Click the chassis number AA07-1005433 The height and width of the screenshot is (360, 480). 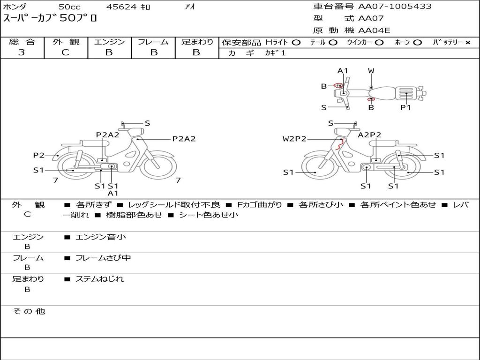click(395, 7)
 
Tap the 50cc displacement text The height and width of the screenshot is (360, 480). click(69, 7)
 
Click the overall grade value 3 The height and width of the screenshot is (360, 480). click(22, 52)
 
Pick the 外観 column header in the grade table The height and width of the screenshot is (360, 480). click(66, 42)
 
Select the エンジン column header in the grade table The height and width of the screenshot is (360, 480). click(109, 42)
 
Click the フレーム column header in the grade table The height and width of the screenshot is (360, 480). click(153, 42)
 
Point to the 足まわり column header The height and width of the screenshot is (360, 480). click(197, 42)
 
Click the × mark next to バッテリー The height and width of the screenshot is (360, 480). click(467, 43)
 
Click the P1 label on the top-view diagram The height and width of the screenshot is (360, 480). click(405, 107)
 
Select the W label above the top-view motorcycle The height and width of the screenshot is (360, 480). click(371, 71)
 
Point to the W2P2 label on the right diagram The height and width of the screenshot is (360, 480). click(294, 139)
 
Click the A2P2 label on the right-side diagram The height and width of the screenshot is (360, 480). click(369, 135)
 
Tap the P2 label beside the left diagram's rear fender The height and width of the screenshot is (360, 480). click(38, 155)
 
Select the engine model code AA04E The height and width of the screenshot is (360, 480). click(374, 30)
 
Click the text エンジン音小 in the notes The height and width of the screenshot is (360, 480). click(100, 237)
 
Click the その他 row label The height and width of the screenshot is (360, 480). click(29, 311)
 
